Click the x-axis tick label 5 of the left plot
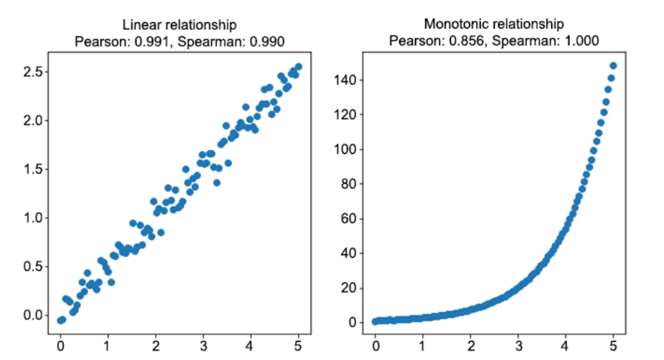[x=299, y=344]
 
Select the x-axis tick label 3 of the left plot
[x=203, y=344]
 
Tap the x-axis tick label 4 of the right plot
[x=566, y=344]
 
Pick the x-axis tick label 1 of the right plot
[x=423, y=344]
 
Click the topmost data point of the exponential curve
[x=613, y=66]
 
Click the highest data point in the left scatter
[x=299, y=67]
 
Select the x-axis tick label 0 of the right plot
[x=376, y=344]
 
